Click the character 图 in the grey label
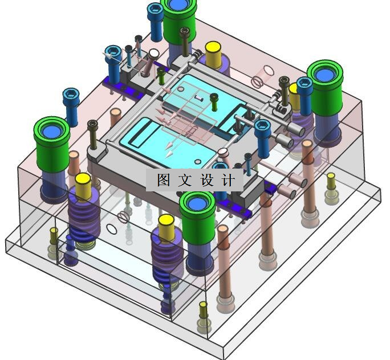164,180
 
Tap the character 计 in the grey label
228,180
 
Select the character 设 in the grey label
207,180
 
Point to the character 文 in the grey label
185,180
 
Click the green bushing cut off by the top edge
178,22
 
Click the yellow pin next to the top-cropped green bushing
213,55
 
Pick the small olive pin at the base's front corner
203,310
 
